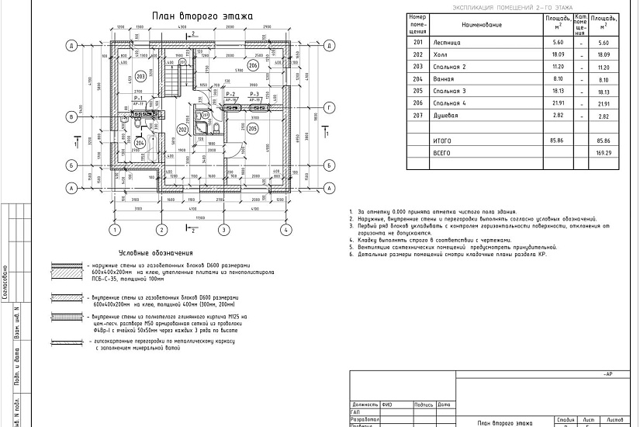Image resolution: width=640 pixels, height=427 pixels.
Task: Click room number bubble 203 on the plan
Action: (x=140, y=76)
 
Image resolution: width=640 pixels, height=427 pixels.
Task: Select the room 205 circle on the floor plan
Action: (x=254, y=129)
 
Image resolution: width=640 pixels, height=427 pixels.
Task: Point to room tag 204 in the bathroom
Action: (x=140, y=142)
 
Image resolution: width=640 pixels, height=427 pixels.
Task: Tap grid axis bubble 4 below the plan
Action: (x=285, y=230)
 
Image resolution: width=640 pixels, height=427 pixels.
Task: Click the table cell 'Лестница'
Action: (x=450, y=43)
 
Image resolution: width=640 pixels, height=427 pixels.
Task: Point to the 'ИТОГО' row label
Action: (x=441, y=141)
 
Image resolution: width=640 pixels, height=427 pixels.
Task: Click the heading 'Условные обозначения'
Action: (x=155, y=254)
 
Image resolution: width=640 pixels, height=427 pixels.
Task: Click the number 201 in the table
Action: (x=418, y=43)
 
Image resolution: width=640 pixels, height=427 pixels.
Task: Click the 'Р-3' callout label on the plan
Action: (x=254, y=93)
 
